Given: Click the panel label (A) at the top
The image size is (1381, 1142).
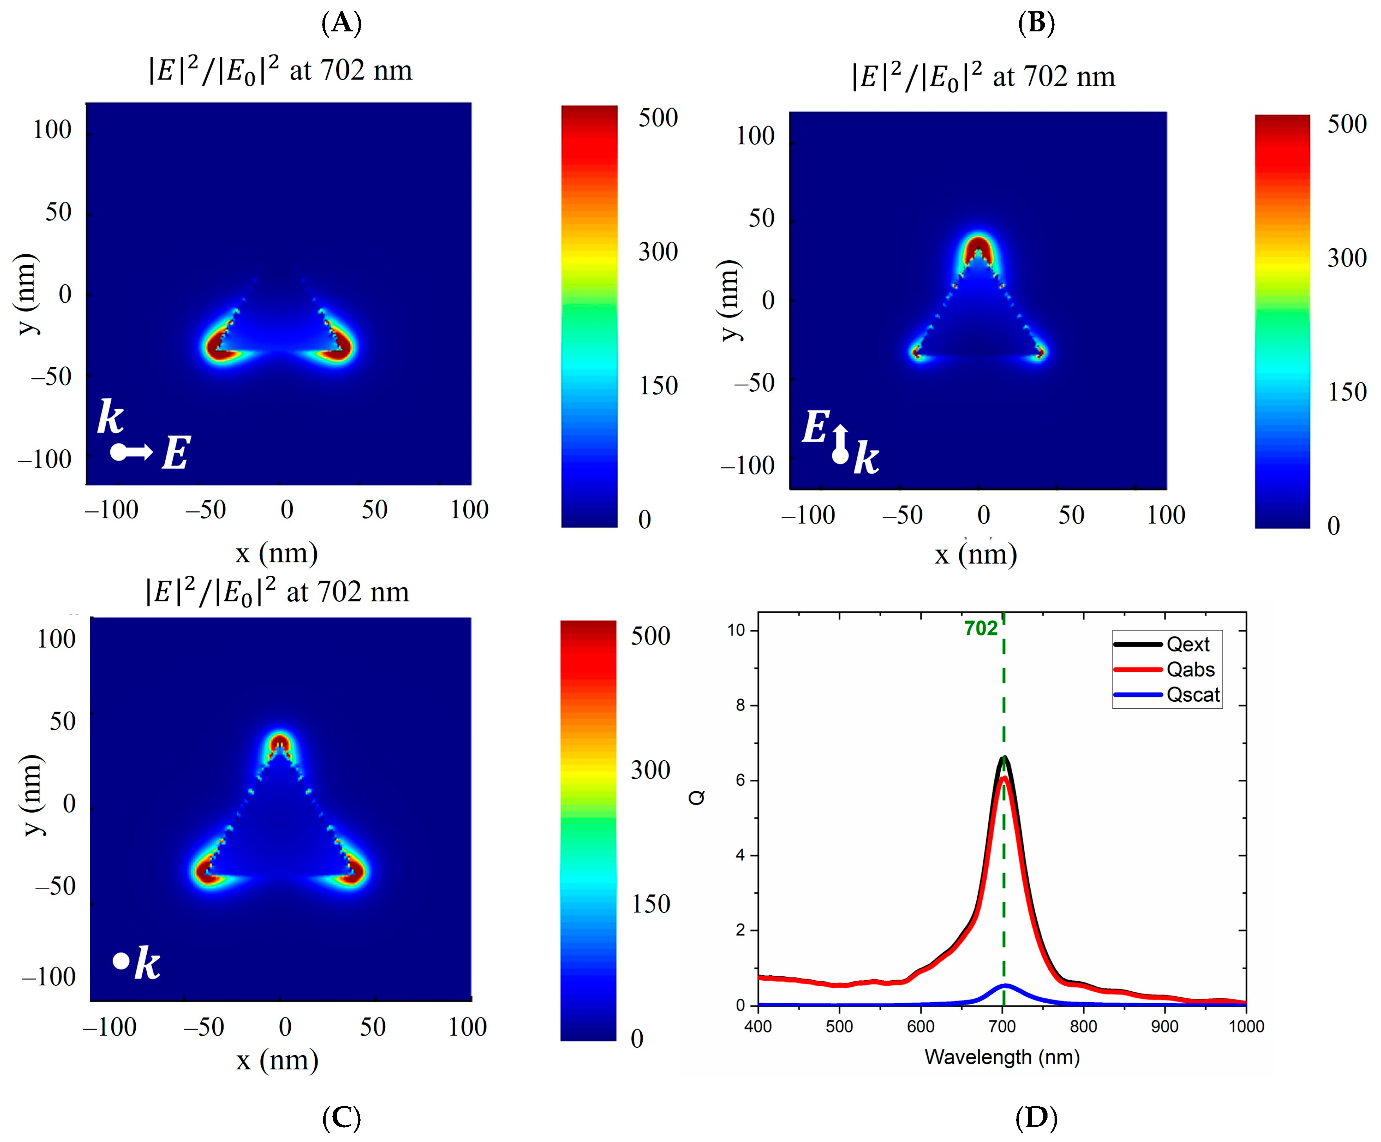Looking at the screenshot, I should [341, 23].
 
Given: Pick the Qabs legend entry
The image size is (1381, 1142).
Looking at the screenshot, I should [1190, 670].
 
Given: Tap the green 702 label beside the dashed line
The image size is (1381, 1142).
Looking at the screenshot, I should [980, 629].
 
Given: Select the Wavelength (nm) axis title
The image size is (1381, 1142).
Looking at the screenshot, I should [1002, 1057].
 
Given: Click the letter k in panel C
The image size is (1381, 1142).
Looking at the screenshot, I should [147, 964].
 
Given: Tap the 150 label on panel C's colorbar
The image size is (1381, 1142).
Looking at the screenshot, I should [650, 904].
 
